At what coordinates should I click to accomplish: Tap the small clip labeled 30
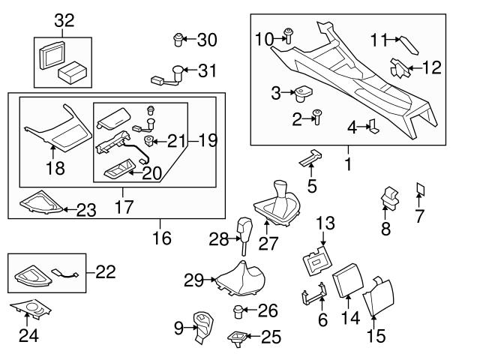coord(178,38)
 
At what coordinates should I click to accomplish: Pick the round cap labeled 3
coord(304,94)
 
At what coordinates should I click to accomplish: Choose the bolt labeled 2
coord(316,116)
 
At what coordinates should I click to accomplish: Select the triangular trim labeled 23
coord(39,204)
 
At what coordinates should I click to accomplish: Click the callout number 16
coord(160,238)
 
